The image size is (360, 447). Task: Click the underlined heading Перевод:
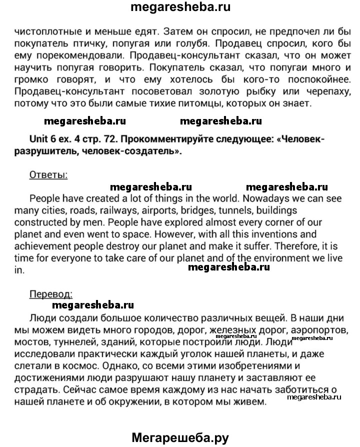(51, 293)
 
